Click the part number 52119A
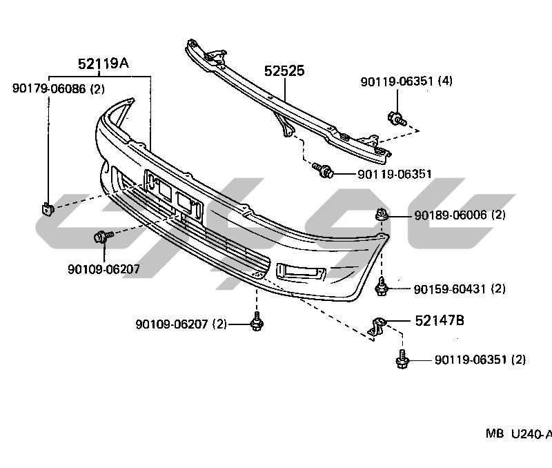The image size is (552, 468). [x=103, y=64]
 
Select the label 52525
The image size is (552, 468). [x=284, y=71]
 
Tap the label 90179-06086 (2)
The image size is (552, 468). [x=59, y=88]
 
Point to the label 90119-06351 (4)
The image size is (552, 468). [x=406, y=81]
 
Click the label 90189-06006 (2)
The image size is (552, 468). [x=460, y=215]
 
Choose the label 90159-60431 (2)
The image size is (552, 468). [x=460, y=289]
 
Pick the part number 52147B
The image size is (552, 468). [x=440, y=320]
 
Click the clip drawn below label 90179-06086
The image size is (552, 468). [x=47, y=207]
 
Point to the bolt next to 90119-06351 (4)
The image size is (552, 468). [x=396, y=119]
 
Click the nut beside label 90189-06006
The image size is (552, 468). [x=381, y=216]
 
